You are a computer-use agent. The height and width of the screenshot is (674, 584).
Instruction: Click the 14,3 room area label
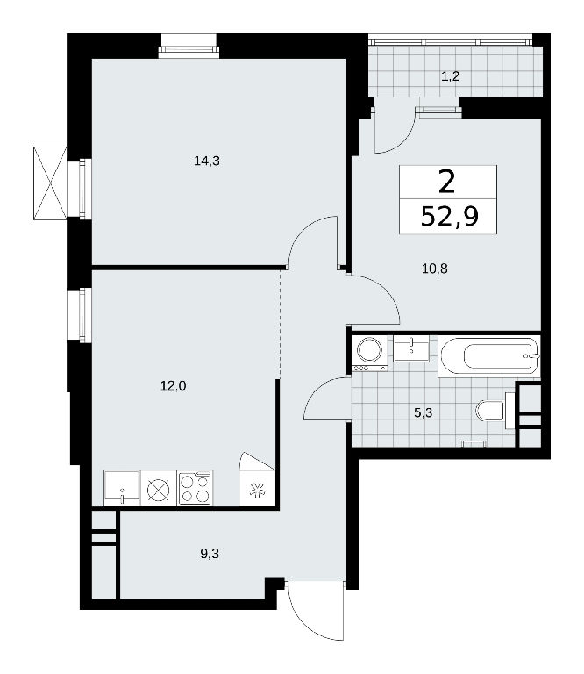[x=207, y=161]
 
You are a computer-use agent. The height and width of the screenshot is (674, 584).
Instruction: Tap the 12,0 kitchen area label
[x=174, y=385]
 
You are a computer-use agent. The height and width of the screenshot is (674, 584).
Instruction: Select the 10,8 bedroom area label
[x=435, y=269]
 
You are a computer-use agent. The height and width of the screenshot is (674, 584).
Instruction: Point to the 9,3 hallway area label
[x=210, y=553]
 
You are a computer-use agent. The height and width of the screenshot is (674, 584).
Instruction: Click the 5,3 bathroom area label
[x=423, y=413]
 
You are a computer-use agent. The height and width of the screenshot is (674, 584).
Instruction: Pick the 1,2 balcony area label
[x=451, y=76]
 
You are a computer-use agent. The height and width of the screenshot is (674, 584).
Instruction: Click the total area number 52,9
[x=450, y=216]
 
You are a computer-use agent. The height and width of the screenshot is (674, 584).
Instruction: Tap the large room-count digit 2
[x=447, y=183]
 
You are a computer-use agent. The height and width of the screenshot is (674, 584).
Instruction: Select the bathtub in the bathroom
[x=489, y=356]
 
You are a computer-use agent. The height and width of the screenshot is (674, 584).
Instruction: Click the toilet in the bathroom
[x=492, y=411]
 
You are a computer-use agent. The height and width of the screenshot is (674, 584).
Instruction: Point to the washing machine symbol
[x=370, y=354]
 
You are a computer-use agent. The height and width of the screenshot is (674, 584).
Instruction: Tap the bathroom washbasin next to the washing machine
[x=411, y=348]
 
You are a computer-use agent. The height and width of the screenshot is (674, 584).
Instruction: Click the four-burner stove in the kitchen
[x=196, y=488]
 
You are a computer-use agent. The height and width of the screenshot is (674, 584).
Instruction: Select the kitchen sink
[x=122, y=488]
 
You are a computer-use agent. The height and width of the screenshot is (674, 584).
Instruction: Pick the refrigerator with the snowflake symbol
[x=257, y=487]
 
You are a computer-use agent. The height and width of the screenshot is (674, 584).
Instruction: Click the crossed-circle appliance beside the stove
[x=159, y=489]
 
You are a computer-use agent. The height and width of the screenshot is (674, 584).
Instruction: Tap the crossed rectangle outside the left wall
[x=50, y=183]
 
